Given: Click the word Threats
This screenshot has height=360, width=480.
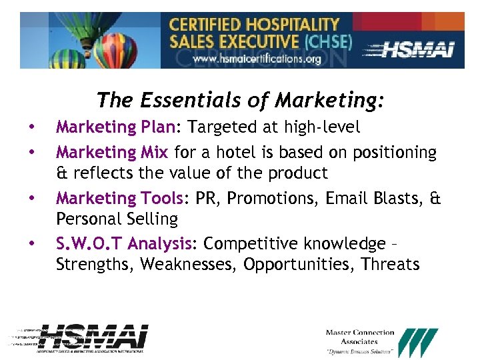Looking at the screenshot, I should click(390, 265).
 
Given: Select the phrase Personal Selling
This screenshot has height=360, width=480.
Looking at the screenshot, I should click(117, 219).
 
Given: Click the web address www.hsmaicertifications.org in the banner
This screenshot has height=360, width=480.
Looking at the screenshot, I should click(257, 59).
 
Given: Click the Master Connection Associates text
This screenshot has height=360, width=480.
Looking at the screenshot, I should click(360, 337).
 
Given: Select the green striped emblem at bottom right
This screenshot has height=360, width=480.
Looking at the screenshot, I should click(419, 342).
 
